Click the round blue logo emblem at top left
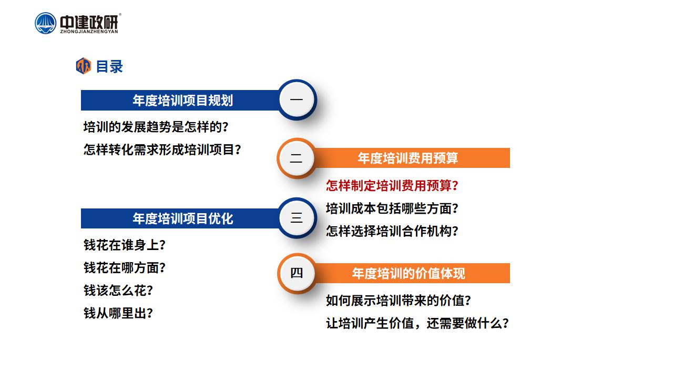coord(45,23)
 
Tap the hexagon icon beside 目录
coord(84,66)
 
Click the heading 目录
coord(109,66)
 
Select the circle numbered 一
coord(297,99)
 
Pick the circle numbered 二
coord(296,158)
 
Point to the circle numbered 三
coord(297,217)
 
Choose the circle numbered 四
coord(296,273)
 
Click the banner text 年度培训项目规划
coord(183,100)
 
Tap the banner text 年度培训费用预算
coord(407,158)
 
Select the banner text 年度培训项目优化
coord(183,218)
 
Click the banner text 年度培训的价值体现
coord(409,273)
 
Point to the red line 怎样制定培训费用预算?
coord(392,185)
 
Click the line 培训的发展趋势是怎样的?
coord(156,127)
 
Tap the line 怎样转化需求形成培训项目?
coord(162,149)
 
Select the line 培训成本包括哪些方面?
coord(392,208)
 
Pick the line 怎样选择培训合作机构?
coord(392,231)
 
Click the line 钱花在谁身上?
coord(125,245)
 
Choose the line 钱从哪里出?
coord(118,313)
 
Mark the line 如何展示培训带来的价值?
coord(399,300)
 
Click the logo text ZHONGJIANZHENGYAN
coord(89,32)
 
